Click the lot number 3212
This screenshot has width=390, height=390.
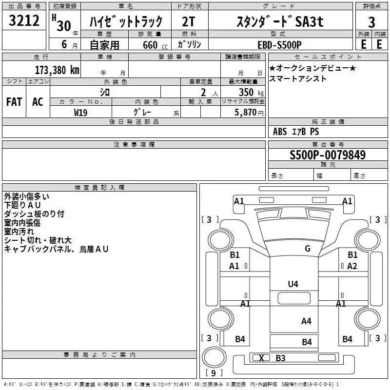pyautogui.click(x=24, y=20)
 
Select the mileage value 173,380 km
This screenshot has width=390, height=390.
pyautogui.click(x=57, y=70)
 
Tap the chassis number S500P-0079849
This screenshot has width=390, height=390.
pyautogui.click(x=328, y=155)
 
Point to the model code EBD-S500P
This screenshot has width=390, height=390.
pyautogui.click(x=279, y=45)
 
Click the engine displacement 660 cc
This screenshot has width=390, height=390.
pyautogui.click(x=155, y=45)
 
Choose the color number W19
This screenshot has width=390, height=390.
pyautogui.click(x=80, y=113)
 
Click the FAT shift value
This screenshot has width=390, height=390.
pyautogui.click(x=14, y=102)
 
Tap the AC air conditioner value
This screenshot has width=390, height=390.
pyautogui.click(x=38, y=102)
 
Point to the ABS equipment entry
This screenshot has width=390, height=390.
pyautogui.click(x=280, y=132)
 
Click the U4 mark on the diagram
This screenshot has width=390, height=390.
pyautogui.click(x=293, y=284)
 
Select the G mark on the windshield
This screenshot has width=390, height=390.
pyautogui.click(x=308, y=249)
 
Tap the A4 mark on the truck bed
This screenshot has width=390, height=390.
pyautogui.click(x=306, y=321)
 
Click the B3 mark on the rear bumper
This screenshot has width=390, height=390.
pyautogui.click(x=280, y=358)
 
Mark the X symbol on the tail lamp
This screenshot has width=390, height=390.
pyautogui.click(x=261, y=358)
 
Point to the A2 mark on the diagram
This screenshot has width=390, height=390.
pyautogui.click(x=352, y=266)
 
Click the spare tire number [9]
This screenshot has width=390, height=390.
pyautogui.click(x=214, y=373)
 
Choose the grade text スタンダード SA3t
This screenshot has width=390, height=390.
pyautogui.click(x=280, y=21)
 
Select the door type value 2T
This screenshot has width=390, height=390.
pyautogui.click(x=188, y=21)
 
